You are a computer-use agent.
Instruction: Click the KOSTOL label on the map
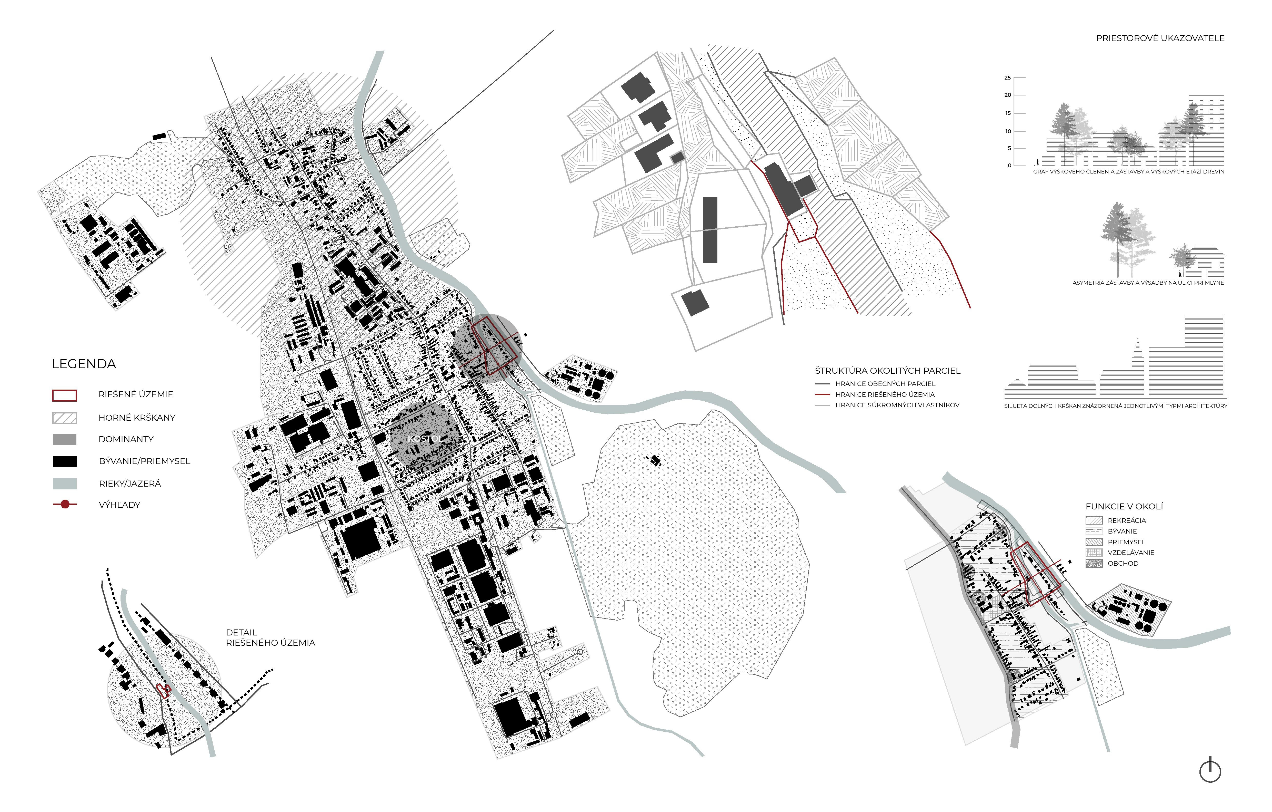[424, 439]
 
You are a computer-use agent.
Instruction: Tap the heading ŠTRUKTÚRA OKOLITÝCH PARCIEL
[887, 371]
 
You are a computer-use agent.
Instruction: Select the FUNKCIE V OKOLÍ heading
[1124, 506]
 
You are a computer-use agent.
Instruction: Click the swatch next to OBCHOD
[1094, 564]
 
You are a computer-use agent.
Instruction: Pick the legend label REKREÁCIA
[1127, 521]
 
